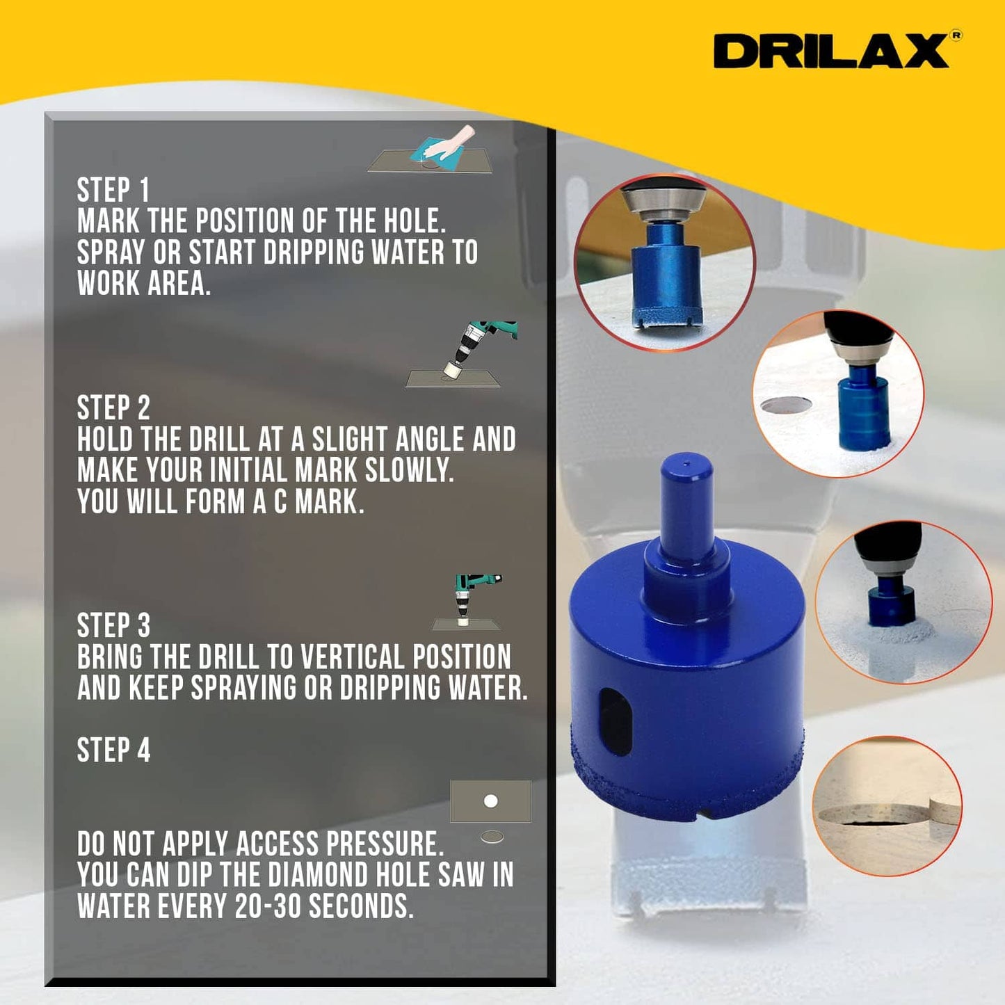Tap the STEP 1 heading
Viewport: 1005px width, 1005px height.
pyautogui.click(x=113, y=190)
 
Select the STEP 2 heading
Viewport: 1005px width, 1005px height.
pyautogui.click(x=113, y=408)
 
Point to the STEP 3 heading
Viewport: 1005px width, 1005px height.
pyautogui.click(x=113, y=626)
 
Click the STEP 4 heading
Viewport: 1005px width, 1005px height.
pyautogui.click(x=113, y=750)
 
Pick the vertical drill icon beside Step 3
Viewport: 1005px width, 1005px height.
pyautogui.click(x=467, y=602)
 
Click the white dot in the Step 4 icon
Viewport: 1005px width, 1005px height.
pyautogui.click(x=490, y=801)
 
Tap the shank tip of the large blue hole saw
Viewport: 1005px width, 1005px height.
pyautogui.click(x=686, y=463)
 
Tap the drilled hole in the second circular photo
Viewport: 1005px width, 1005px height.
pyautogui.click(x=786, y=404)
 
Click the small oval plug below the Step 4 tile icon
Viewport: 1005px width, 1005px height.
pyautogui.click(x=492, y=837)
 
